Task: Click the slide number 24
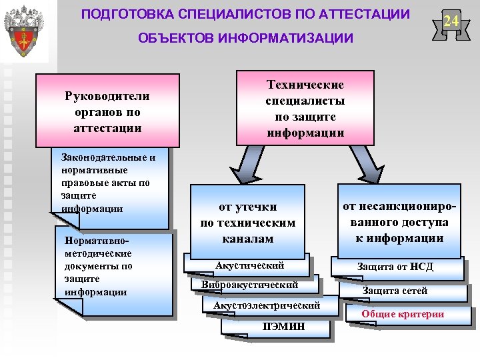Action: click(x=451, y=21)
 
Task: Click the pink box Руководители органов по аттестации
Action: click(x=107, y=111)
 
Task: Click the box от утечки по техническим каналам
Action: click(x=248, y=223)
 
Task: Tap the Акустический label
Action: click(x=250, y=266)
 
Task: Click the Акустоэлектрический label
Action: click(x=267, y=305)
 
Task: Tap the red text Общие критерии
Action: click(x=403, y=314)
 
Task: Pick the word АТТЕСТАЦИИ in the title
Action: click(x=363, y=14)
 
